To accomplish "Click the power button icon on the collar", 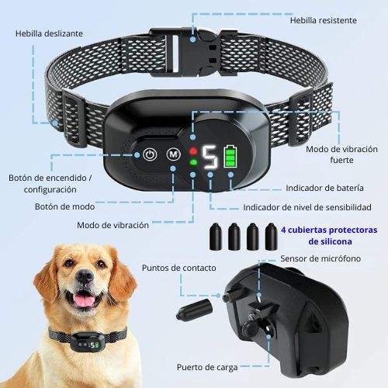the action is [x=150, y=154].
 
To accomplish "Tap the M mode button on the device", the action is [x=173, y=154].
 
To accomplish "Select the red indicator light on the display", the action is [x=193, y=151].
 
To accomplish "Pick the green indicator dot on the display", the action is [x=193, y=162].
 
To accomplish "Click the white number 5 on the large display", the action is [x=210, y=157].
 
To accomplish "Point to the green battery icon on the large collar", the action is [x=230, y=156].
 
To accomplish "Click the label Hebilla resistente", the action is [x=324, y=20].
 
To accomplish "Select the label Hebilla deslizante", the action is [x=49, y=33].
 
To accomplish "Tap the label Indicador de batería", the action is [x=324, y=188].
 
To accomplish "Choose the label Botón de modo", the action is [x=64, y=206].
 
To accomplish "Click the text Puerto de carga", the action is [x=207, y=368].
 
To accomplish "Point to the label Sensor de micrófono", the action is [x=320, y=258].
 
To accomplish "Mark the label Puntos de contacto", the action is [x=179, y=268].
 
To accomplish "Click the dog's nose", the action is [x=85, y=275].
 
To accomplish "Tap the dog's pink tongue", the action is [x=85, y=300].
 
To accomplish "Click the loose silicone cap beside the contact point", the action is [x=195, y=310].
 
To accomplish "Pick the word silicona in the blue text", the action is [x=336, y=241].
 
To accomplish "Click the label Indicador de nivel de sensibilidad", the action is [x=307, y=207].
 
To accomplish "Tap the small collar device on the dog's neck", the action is [x=88, y=342].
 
